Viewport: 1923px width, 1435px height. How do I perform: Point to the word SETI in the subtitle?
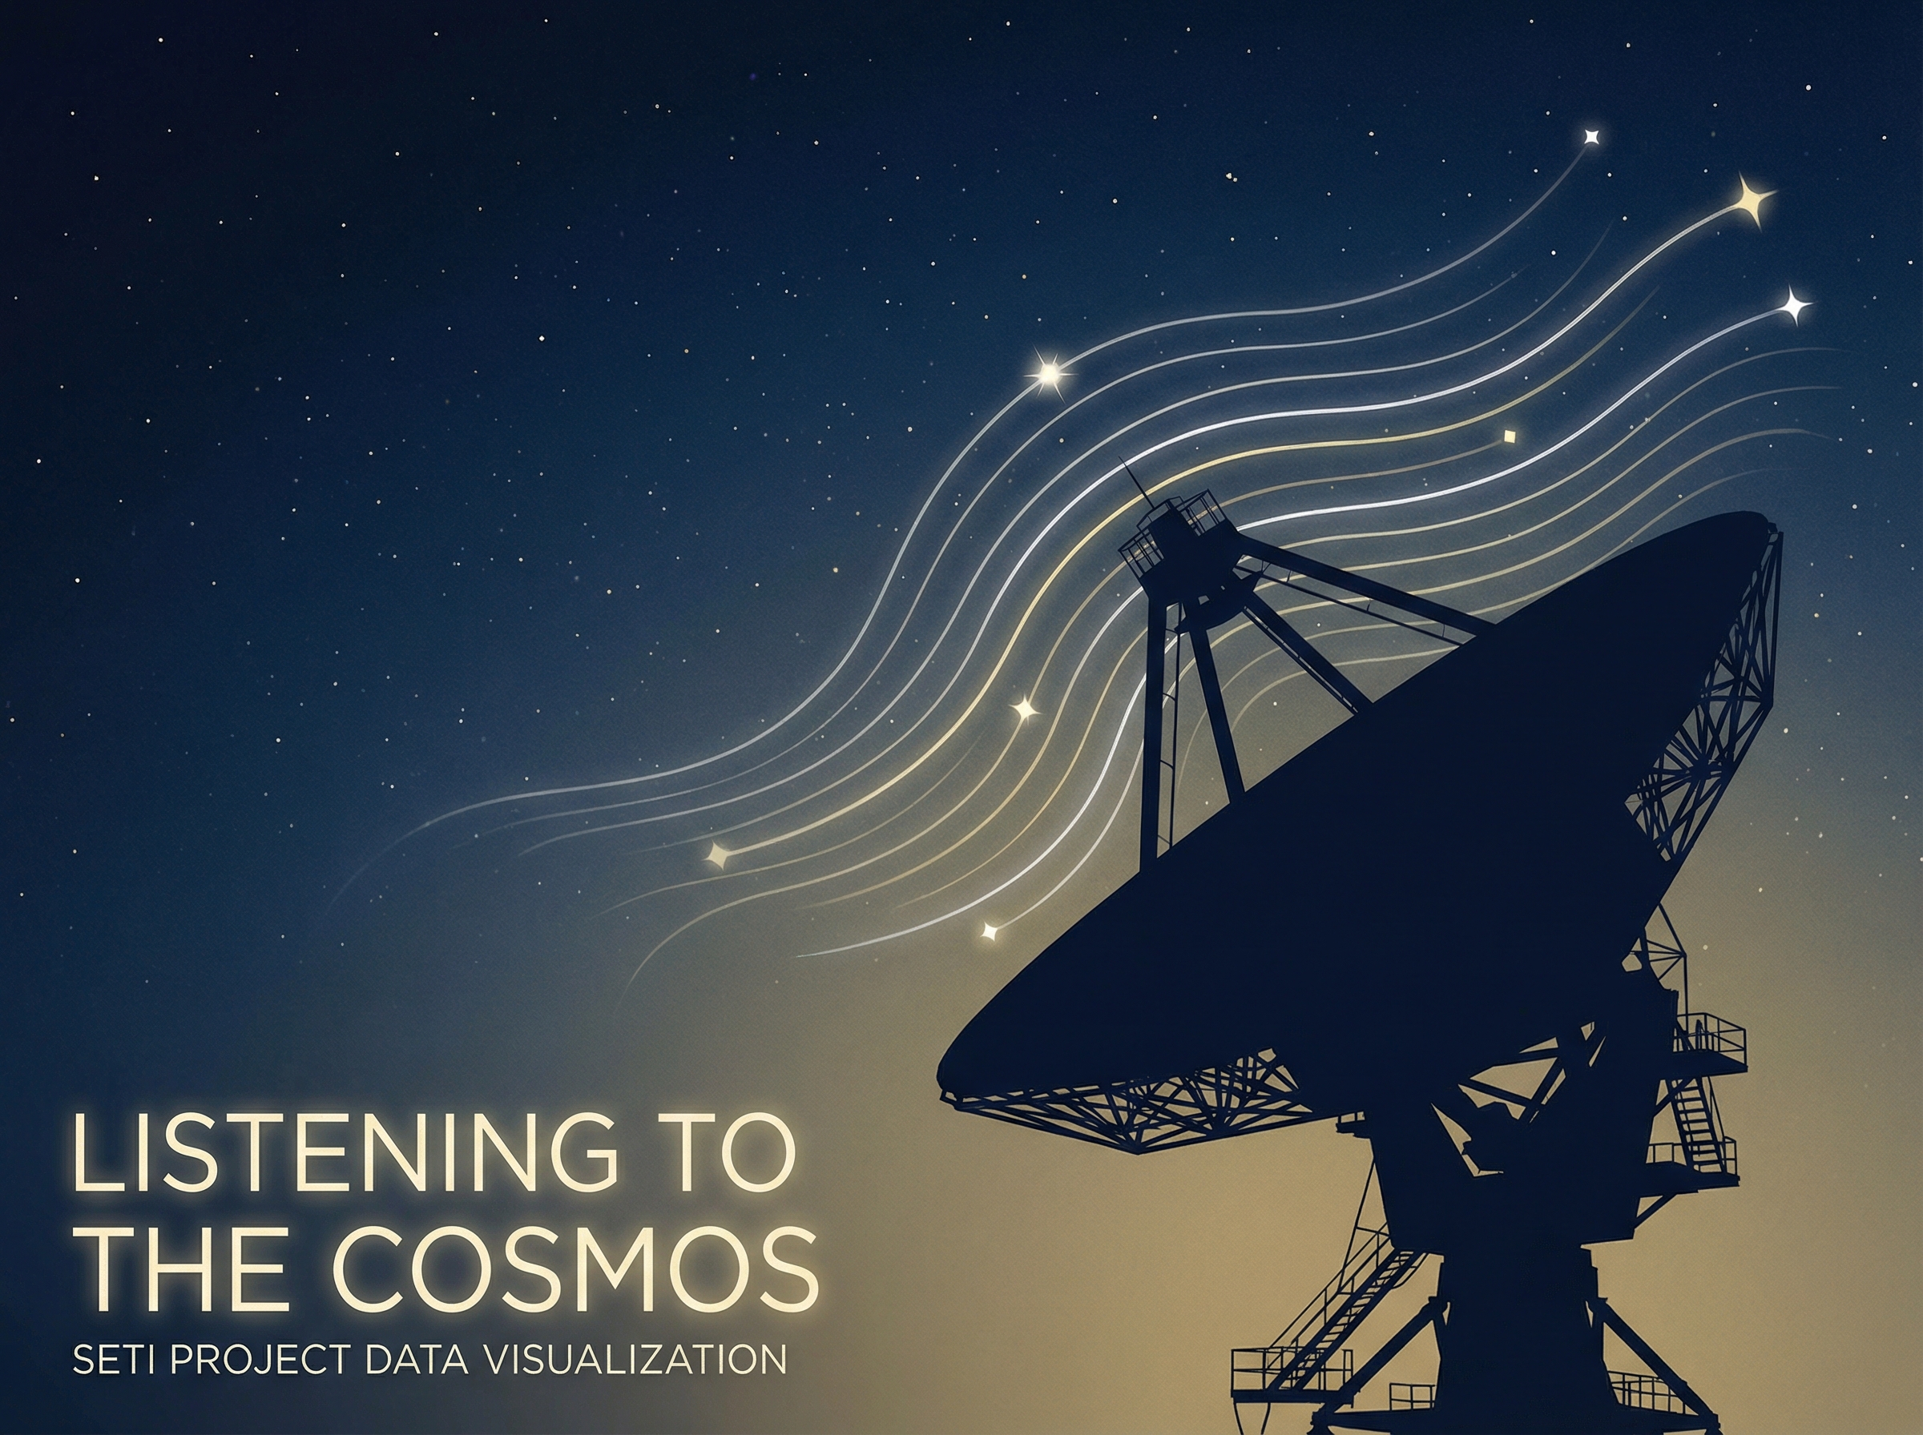point(116,1361)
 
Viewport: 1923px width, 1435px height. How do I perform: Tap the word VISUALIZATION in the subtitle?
point(634,1361)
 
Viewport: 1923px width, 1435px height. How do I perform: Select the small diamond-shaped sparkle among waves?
point(1510,437)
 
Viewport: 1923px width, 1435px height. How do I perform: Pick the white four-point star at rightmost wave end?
point(1794,305)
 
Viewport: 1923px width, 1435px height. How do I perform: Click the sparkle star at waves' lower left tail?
point(718,854)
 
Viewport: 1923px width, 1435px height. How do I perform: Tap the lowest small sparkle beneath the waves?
point(989,933)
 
